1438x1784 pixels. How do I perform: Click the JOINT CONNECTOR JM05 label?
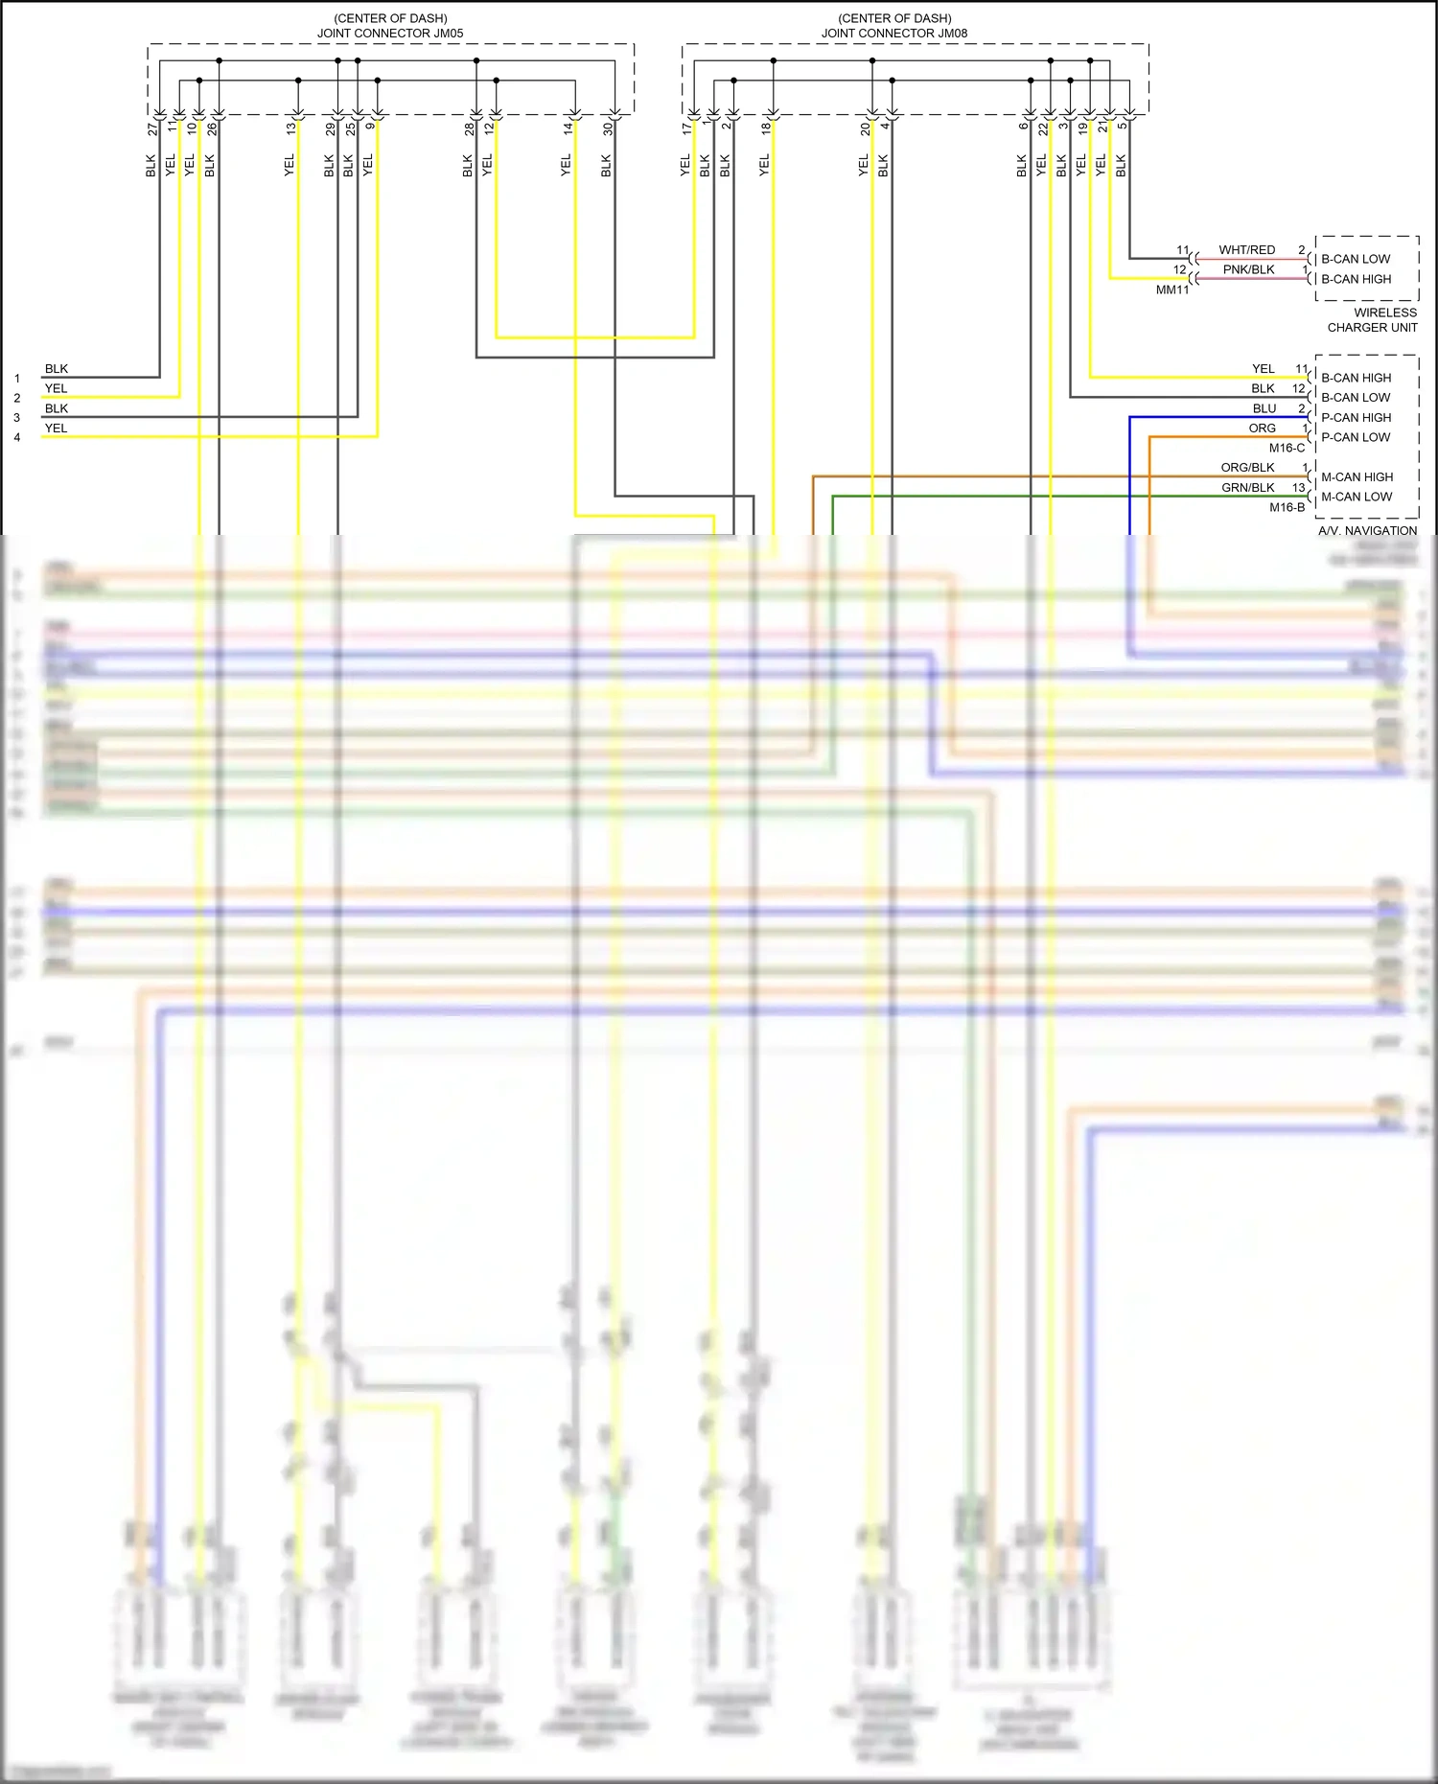coord(390,33)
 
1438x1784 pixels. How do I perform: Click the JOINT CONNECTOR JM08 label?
coord(893,33)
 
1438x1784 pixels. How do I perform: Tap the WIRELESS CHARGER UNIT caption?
coord(1372,320)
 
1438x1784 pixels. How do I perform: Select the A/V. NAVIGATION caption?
coord(1367,530)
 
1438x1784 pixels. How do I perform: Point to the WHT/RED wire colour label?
coord(1246,250)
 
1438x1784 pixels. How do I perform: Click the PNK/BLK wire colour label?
coord(1248,270)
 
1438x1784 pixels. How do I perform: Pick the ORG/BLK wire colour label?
coord(1247,468)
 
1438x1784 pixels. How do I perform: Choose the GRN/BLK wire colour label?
coord(1247,488)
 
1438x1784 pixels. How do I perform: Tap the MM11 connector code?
coord(1171,290)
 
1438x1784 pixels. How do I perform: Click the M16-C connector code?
coord(1287,448)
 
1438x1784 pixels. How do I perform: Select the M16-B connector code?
coord(1287,507)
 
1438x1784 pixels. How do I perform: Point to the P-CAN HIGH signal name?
coord(1356,418)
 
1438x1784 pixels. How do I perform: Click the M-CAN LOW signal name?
coord(1356,497)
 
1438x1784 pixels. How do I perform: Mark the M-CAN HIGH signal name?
coord(1357,477)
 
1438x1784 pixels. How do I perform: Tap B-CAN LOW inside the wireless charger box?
coord(1355,259)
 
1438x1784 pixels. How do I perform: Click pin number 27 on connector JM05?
coord(152,128)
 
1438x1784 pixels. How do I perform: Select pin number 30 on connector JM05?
coord(608,128)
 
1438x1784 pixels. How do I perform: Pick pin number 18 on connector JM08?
coord(766,128)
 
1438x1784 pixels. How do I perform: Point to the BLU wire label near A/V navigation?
coord(1264,408)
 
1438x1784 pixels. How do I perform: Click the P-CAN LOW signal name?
coord(1355,437)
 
